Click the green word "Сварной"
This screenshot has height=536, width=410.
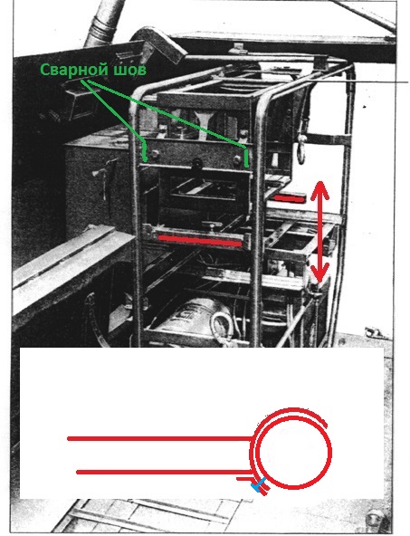(71, 70)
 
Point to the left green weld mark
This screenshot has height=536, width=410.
(145, 151)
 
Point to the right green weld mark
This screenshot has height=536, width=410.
(245, 157)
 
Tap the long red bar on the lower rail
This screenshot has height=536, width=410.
(200, 241)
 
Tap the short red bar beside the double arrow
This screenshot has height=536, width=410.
(290, 198)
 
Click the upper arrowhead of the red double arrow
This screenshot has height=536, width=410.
(320, 190)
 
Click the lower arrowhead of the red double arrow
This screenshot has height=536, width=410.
(319, 272)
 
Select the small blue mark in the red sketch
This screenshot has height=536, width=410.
(258, 484)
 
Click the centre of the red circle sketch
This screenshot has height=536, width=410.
(294, 451)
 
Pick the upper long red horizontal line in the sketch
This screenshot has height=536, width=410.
(159, 438)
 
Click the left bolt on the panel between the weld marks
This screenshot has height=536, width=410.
(155, 154)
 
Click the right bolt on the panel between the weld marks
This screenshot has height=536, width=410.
(237, 158)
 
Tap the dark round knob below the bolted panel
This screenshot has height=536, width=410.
(197, 164)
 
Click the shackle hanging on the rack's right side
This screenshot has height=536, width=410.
(301, 147)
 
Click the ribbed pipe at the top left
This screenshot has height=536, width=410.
(102, 24)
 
